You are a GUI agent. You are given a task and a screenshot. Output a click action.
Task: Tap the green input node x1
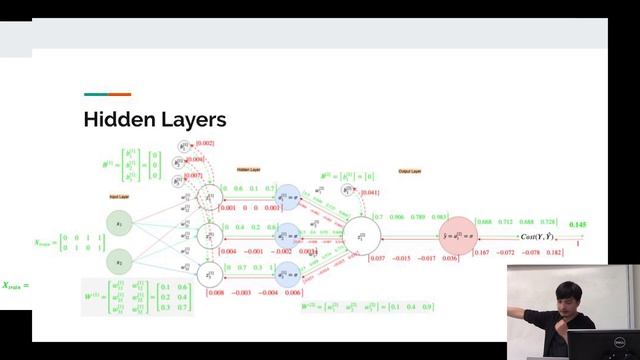(x=119, y=224)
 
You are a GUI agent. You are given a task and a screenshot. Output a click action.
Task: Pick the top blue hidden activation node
(x=287, y=198)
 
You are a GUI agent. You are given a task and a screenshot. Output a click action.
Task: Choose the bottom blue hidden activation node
(x=287, y=272)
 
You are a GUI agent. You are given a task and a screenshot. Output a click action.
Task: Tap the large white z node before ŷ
(x=360, y=236)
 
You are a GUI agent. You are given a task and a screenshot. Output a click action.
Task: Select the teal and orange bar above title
(x=107, y=95)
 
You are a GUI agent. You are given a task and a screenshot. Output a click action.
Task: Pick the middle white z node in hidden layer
(x=210, y=235)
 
